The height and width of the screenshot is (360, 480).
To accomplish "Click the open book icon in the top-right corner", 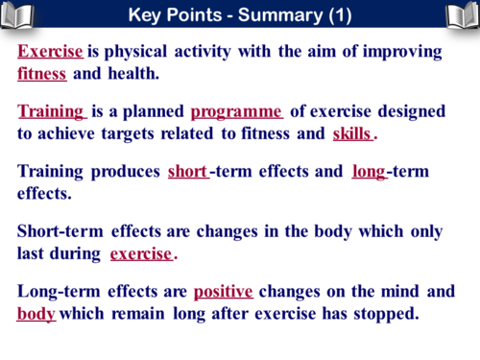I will pyautogui.click(x=461, y=14).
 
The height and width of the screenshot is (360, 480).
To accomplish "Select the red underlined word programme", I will pyautogui.click(x=236, y=111).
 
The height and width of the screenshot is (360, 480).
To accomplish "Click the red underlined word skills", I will pyautogui.click(x=352, y=133).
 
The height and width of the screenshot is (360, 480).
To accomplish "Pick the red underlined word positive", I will pyautogui.click(x=223, y=291).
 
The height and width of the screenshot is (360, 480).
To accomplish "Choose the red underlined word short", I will pyautogui.click(x=187, y=172).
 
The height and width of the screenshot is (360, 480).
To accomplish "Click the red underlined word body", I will pyautogui.click(x=36, y=314).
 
